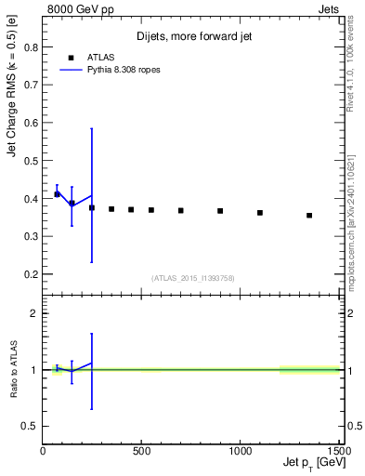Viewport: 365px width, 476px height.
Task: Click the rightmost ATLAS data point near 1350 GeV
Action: pyautogui.click(x=309, y=215)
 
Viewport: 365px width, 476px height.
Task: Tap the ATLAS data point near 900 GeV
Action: pyautogui.click(x=220, y=211)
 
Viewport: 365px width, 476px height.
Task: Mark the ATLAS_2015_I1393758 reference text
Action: pyautogui.click(x=191, y=277)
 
